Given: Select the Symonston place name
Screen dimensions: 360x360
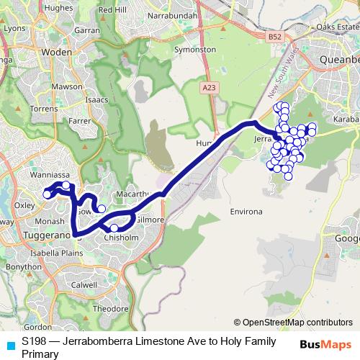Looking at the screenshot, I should (x=195, y=50).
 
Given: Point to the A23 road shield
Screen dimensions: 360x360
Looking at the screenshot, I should (x=209, y=87).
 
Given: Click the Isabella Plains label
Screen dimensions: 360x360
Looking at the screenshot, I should (x=53, y=253).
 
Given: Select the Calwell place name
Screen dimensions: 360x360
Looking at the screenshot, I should (x=85, y=284).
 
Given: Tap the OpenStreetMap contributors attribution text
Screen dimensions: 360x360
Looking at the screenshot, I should (x=293, y=322).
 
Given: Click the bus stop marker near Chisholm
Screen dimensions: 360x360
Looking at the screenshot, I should (x=114, y=228).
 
